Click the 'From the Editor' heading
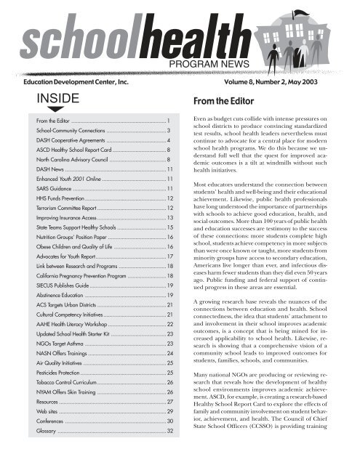click(x=231, y=105)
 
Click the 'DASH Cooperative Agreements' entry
click(x=77, y=137)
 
